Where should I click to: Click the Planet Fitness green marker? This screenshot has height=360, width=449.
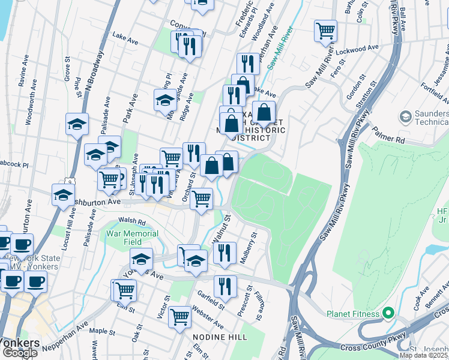(x=388, y=313)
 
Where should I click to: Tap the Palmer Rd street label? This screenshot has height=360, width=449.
(x=388, y=133)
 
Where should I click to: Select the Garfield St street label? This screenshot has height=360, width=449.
(x=211, y=299)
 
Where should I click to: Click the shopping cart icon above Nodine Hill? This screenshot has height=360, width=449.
(x=179, y=316)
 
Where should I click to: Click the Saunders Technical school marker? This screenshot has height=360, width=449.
(x=406, y=115)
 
